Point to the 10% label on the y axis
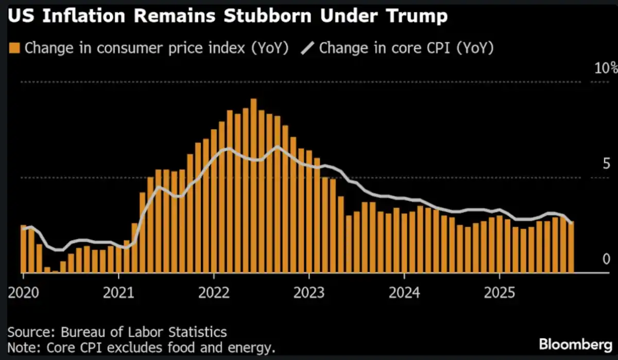click(603, 69)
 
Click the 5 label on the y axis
click(606, 164)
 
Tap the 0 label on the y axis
click(606, 260)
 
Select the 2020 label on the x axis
click(23, 293)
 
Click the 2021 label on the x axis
click(118, 293)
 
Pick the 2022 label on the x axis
click(214, 293)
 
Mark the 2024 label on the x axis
click(405, 293)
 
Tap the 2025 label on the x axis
click(500, 293)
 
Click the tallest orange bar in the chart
click(253, 185)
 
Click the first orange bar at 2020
click(24, 249)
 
